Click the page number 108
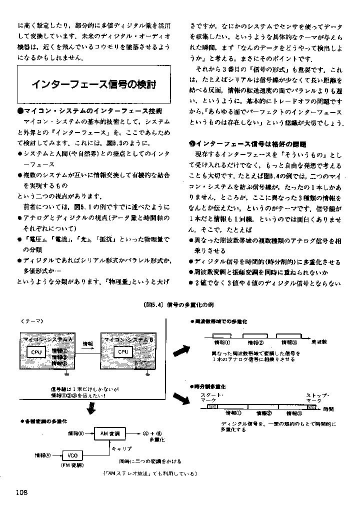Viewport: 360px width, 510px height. pyautogui.click(x=23, y=492)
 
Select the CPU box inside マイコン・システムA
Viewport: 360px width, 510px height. pyautogui.click(x=37, y=352)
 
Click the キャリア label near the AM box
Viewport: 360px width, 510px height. pyautogui.click(x=121, y=448)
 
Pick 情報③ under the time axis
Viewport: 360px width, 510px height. pyautogui.click(x=293, y=413)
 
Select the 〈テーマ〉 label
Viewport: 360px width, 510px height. pyautogui.click(x=32, y=320)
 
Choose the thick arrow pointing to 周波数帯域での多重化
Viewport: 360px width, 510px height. pyautogui.click(x=179, y=345)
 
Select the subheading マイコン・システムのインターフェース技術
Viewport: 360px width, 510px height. pyautogui.click(x=92, y=110)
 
